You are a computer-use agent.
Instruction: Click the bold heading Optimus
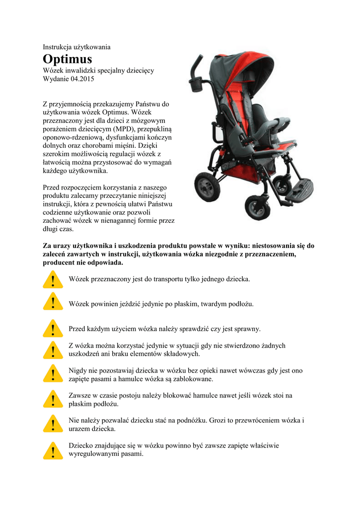[x=67, y=59]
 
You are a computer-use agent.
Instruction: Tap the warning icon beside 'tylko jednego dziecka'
[x=53, y=279]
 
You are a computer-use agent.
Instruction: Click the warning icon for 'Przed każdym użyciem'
[x=53, y=328]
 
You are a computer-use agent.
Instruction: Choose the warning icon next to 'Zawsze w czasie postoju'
[x=53, y=399]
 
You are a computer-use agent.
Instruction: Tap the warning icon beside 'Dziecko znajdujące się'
[x=53, y=450]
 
